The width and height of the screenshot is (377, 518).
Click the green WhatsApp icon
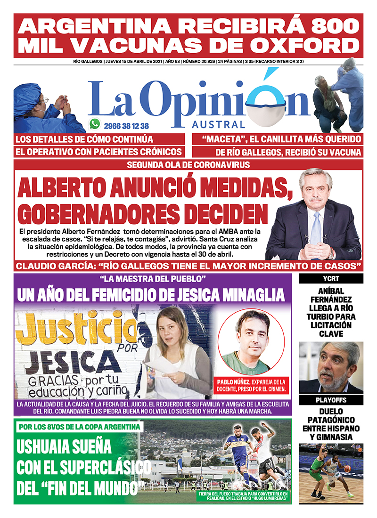pyautogui.click(x=95, y=124)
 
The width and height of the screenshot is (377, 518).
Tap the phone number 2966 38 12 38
pyautogui.click(x=126, y=126)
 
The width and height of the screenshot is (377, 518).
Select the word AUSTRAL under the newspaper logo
pyautogui.click(x=218, y=125)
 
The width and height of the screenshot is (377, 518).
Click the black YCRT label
pyautogui.click(x=331, y=278)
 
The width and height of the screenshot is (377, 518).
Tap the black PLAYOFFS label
pyautogui.click(x=331, y=400)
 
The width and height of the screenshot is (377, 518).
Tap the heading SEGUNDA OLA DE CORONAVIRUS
pyautogui.click(x=188, y=165)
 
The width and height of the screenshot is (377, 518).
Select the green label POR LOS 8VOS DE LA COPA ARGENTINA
pyautogui.click(x=79, y=427)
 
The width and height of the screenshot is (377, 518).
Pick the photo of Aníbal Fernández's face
pyautogui.click(x=331, y=367)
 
